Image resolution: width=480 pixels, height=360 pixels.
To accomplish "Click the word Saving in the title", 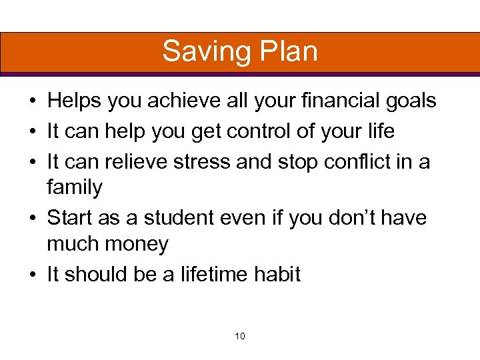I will [x=201, y=52].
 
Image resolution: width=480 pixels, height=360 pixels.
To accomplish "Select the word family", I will [x=75, y=189].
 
